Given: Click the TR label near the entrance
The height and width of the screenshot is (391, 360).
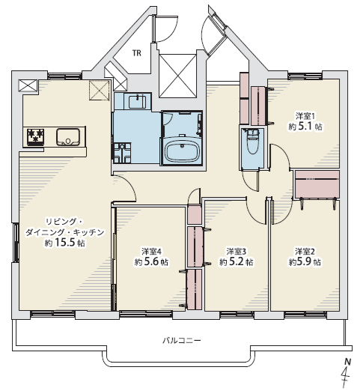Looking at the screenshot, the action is tap(137, 53).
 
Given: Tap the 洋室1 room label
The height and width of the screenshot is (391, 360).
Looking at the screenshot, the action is tap(305, 116).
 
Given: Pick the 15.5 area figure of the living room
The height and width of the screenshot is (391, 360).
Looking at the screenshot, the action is tap(64, 243).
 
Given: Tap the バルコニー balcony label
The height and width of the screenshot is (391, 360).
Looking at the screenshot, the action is tap(182, 340).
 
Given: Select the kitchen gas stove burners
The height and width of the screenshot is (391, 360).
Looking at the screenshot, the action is tap(35, 136).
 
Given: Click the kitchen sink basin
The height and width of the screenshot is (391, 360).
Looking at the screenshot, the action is tap(68, 136).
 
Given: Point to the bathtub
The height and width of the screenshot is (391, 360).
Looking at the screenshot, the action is tap(183, 151).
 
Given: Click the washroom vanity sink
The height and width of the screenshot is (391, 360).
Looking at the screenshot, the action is tap(137, 101).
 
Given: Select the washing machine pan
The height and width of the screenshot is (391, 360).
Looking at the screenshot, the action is tap(122, 153).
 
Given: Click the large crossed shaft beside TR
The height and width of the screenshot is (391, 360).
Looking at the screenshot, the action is tap(177, 76).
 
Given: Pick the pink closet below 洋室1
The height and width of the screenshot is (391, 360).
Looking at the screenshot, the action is tap(317, 184).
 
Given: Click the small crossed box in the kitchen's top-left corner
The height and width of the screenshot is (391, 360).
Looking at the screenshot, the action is tap(28, 85).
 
